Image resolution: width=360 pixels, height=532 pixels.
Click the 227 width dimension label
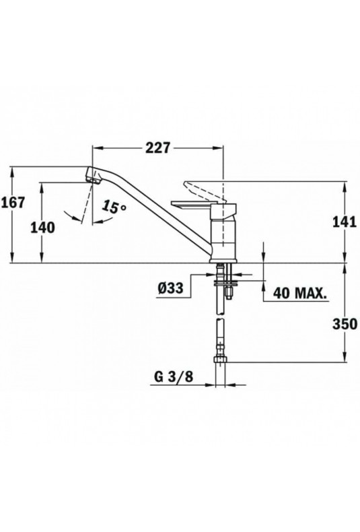click(157, 148)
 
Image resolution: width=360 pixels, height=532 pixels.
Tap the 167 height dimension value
click(13, 203)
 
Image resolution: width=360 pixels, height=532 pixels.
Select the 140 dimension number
click(42, 228)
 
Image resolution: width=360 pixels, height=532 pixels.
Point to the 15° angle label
click(114, 207)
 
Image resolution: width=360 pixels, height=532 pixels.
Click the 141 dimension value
click(345, 222)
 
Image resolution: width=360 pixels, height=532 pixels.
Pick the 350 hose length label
click(345, 324)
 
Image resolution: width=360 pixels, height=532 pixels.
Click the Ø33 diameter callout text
click(170, 288)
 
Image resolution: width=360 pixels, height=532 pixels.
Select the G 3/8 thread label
click(174, 377)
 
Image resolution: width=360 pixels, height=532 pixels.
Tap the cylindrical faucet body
click(223, 238)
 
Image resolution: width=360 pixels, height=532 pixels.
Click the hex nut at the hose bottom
click(221, 360)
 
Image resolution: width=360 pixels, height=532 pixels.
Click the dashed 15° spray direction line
click(87, 203)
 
